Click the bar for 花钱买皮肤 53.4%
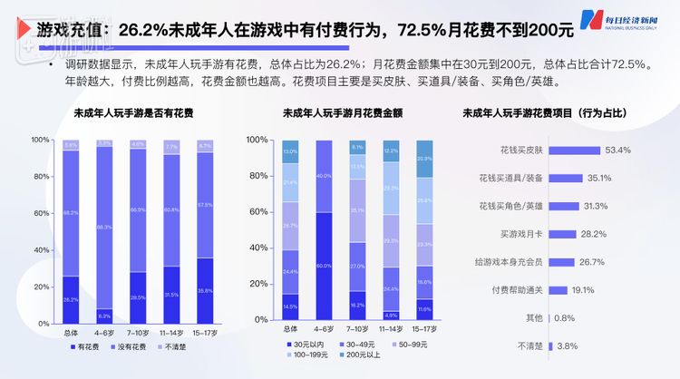click(x=578, y=150)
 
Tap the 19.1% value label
click(x=583, y=290)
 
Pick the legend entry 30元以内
click(x=307, y=345)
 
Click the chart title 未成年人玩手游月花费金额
click(x=335, y=115)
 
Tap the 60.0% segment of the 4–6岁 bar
click(x=322, y=266)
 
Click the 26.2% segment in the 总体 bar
click(x=71, y=298)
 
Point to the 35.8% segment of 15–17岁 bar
click(x=205, y=290)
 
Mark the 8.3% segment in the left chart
click(x=104, y=315)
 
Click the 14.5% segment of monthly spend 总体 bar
click(x=289, y=306)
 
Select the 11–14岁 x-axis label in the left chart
click(x=171, y=329)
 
